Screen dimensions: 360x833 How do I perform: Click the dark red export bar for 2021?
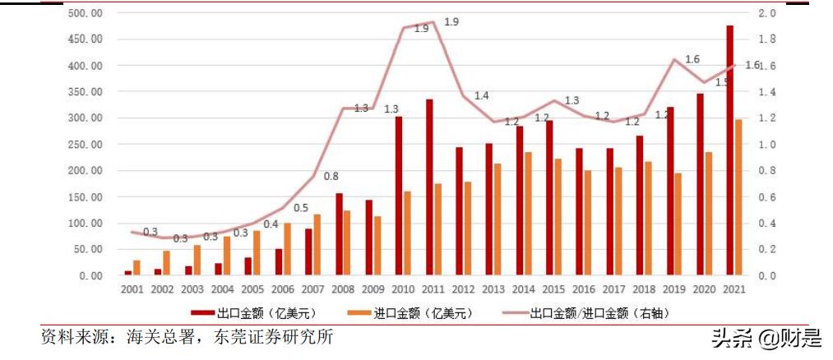click(x=729, y=150)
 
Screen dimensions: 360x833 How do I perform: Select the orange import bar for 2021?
click(x=738, y=197)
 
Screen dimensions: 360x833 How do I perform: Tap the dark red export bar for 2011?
click(x=429, y=187)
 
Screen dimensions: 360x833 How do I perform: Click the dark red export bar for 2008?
click(x=339, y=234)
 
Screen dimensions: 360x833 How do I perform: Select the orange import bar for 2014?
click(x=528, y=214)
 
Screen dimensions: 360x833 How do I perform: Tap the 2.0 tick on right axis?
click(x=766, y=14)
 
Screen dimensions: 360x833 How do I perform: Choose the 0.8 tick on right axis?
click(x=766, y=171)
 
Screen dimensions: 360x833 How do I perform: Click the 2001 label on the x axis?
click(x=132, y=289)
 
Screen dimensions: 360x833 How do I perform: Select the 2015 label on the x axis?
click(x=553, y=289)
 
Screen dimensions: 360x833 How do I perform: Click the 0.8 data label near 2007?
click(x=331, y=176)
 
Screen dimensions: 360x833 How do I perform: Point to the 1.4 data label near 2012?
click(x=481, y=96)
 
